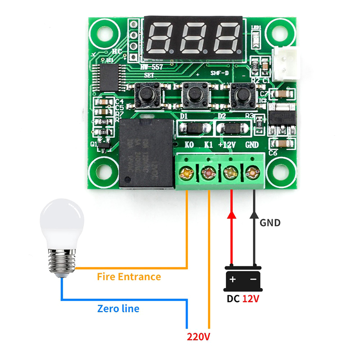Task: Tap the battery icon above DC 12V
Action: (x=243, y=279)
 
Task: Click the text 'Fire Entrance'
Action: (x=129, y=276)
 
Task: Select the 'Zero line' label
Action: (x=118, y=309)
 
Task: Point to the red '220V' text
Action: (x=199, y=337)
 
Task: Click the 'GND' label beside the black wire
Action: (x=270, y=222)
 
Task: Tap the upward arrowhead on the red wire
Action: (x=232, y=215)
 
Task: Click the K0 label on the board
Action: (x=189, y=145)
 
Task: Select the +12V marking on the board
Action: (x=227, y=145)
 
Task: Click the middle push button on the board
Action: (x=194, y=94)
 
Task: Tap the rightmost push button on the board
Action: (x=239, y=94)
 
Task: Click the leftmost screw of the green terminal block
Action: (x=185, y=172)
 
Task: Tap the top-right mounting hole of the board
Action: (x=278, y=32)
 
